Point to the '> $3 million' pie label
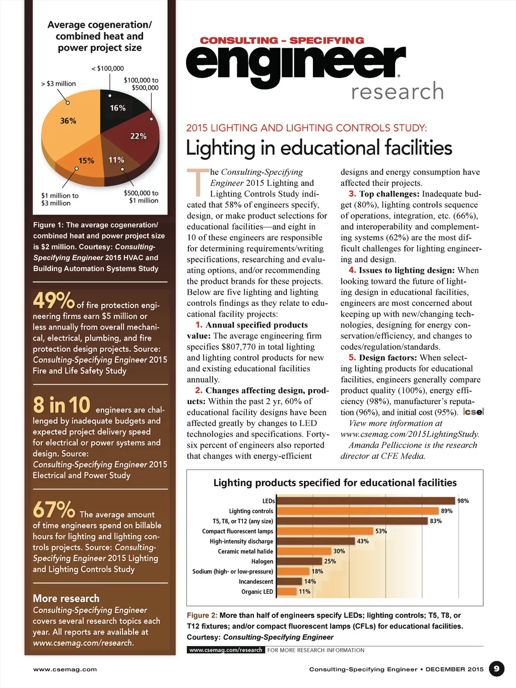[x=58, y=84]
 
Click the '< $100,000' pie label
[x=107, y=69]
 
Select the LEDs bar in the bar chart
[x=365, y=501]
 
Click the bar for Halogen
[x=299, y=561]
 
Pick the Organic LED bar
[x=287, y=592]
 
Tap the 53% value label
[x=381, y=531]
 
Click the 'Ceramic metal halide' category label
[x=245, y=551]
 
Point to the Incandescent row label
[x=256, y=582]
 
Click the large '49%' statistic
[x=53, y=301]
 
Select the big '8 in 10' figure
[x=61, y=405]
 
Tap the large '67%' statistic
[x=53, y=510]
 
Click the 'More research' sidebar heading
[x=66, y=598]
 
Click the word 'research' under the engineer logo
[x=397, y=92]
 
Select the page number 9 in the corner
[x=496, y=669]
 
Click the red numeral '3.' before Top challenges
[x=352, y=194]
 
